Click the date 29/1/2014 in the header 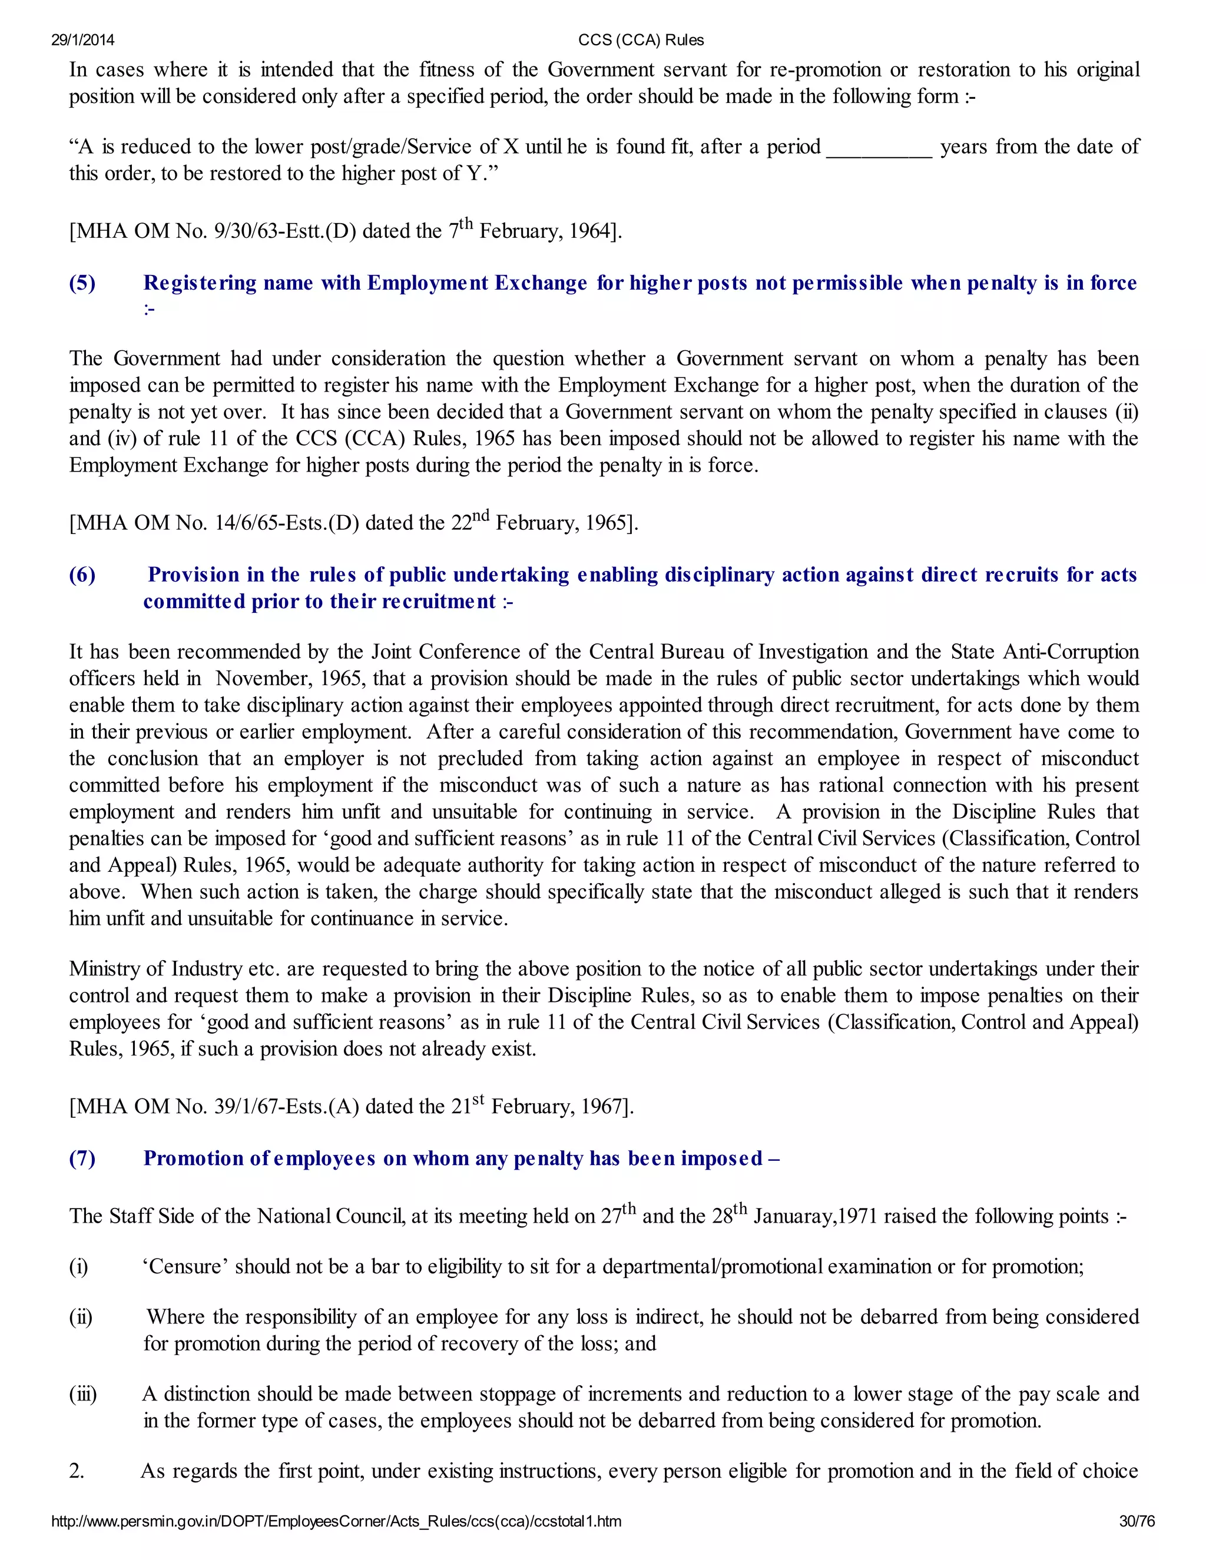(82, 40)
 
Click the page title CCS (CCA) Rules (641, 40)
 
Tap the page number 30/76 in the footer (1137, 1521)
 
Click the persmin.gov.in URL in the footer (336, 1521)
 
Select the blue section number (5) (82, 283)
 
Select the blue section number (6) (82, 575)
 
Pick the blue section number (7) (82, 1158)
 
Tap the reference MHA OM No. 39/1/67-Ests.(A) (214, 1107)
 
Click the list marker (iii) (82, 1393)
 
